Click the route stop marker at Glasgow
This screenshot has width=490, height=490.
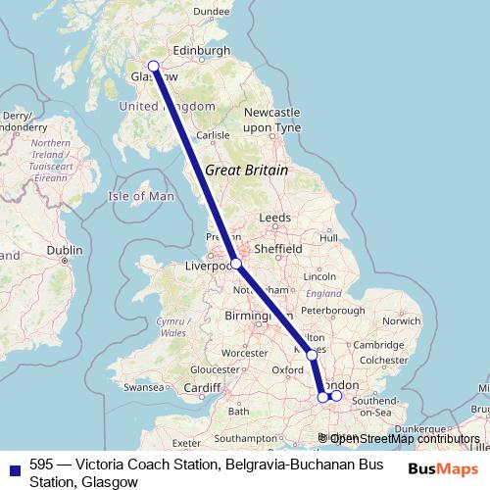click(153, 67)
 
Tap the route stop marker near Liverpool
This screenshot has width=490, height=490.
click(236, 264)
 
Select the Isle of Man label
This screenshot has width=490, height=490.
click(140, 196)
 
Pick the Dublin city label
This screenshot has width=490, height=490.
click(65, 250)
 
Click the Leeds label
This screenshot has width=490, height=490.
click(275, 218)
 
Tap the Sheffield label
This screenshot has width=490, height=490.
click(280, 249)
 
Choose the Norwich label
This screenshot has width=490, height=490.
click(402, 320)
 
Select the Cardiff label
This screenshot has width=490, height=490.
click(203, 387)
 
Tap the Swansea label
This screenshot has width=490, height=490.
click(144, 387)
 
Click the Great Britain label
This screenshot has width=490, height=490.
click(246, 170)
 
